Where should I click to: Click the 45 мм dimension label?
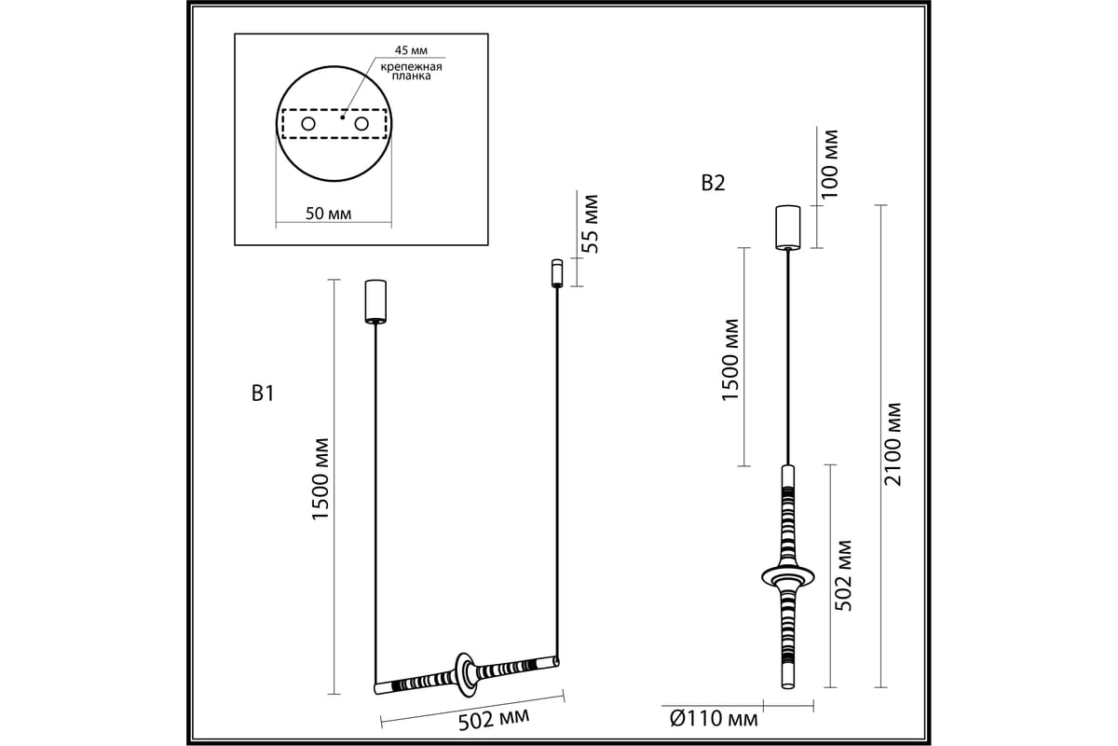pos(411,50)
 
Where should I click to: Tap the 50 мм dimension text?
pos(328,214)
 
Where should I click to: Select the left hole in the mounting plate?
pos(308,123)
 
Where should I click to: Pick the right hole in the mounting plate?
pos(361,123)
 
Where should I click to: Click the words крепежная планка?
pos(411,72)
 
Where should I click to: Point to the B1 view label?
pos(263,394)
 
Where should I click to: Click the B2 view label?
pos(713,184)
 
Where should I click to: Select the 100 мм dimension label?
pos(829,164)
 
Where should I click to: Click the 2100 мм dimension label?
pos(893,445)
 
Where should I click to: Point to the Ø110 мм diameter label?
pos(714,720)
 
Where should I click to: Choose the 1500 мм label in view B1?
pos(320,479)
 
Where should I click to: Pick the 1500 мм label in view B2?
pos(729,360)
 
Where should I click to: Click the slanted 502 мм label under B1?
pos(494,720)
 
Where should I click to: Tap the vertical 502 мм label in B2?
pos(843,575)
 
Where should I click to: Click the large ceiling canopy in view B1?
pos(375,301)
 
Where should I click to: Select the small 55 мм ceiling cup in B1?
pos(557,273)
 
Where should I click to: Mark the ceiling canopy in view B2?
pos(787,228)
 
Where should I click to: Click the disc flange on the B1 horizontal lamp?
pos(465,674)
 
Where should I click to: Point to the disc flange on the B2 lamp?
pos(787,577)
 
